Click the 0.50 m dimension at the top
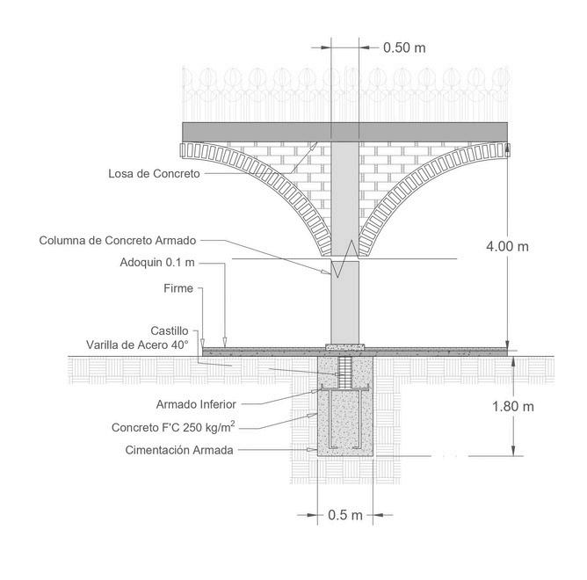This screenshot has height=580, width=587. click(x=404, y=47)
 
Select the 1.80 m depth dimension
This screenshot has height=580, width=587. click(x=514, y=406)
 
